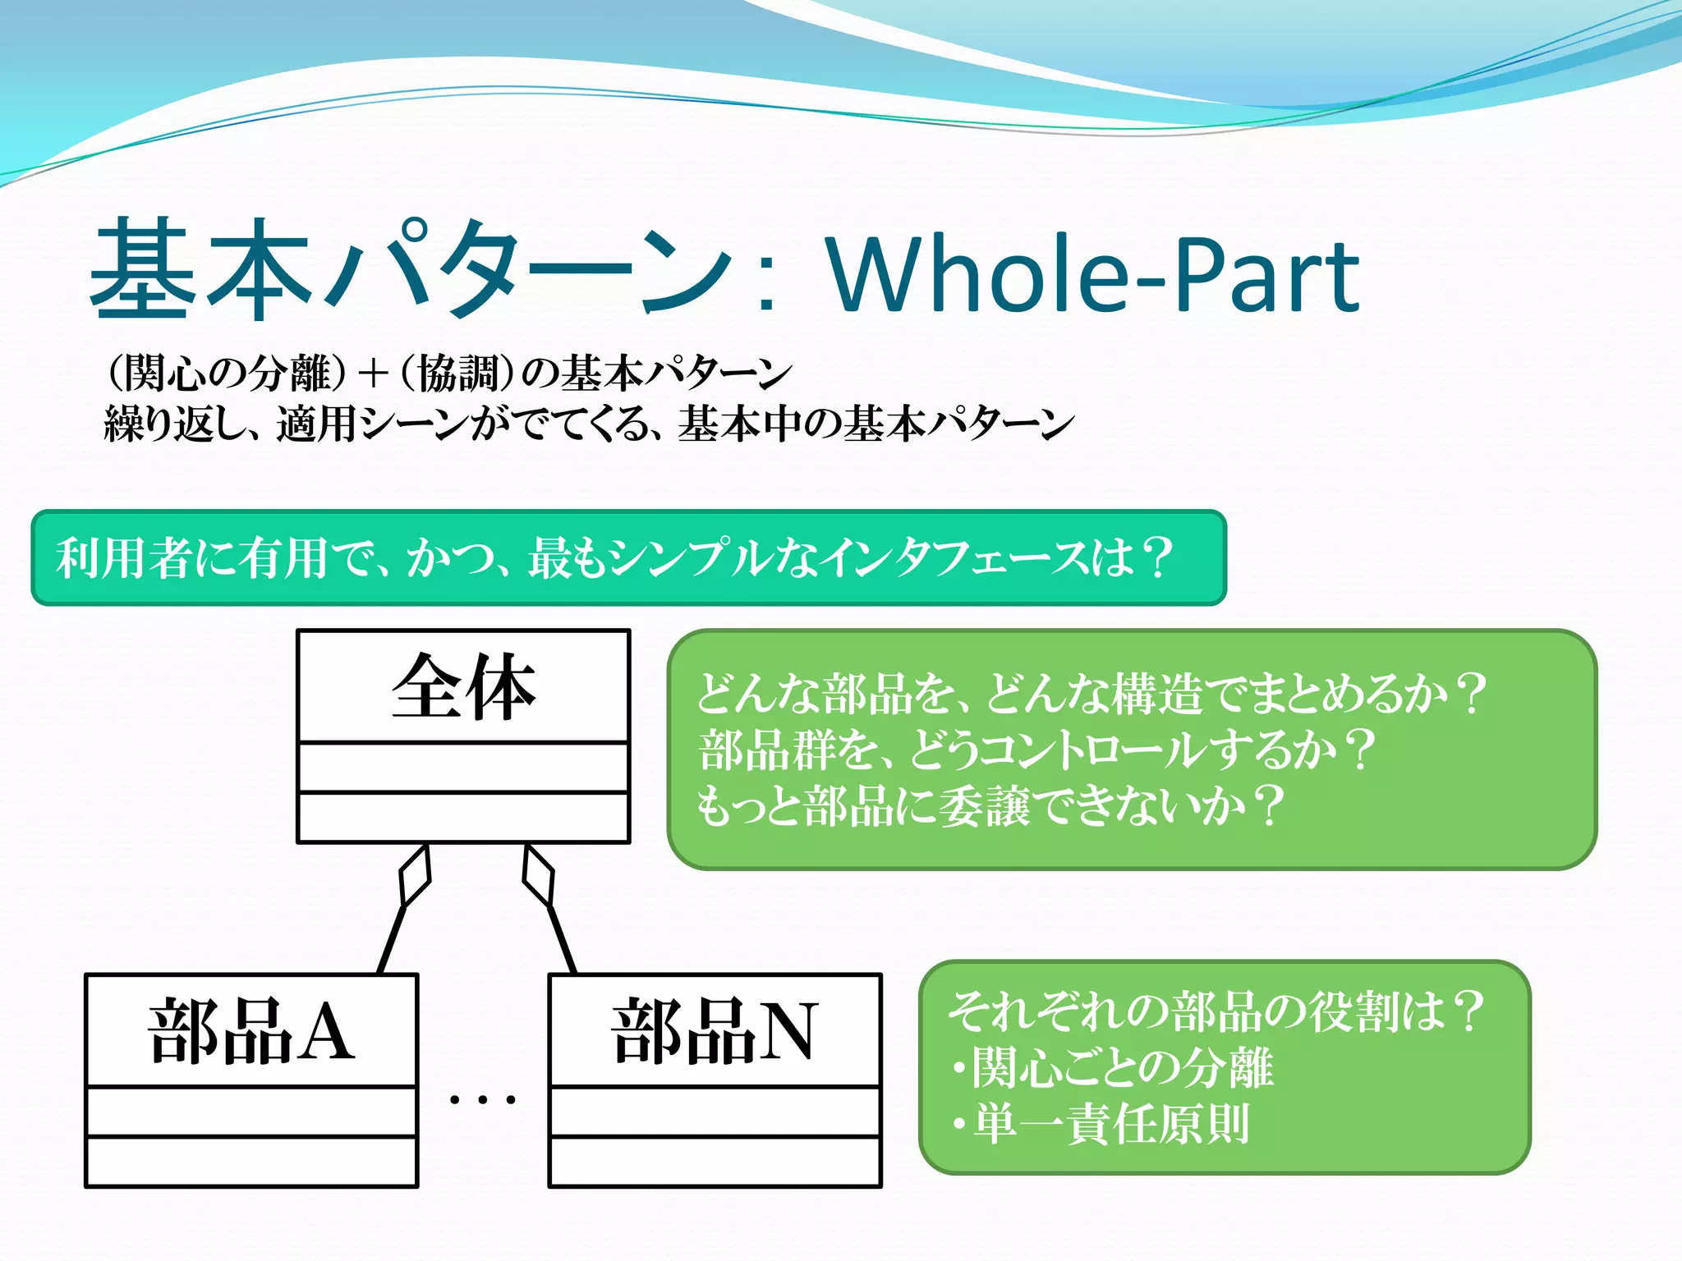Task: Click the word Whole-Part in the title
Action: [x=1092, y=275]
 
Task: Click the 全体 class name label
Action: [x=464, y=688]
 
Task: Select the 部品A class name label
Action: [x=251, y=1032]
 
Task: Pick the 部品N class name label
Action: [x=715, y=1032]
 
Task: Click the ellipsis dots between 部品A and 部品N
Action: [x=483, y=1098]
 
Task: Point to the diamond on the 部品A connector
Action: [x=415, y=876]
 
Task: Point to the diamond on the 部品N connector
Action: [x=539, y=876]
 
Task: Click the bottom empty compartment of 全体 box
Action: [x=464, y=818]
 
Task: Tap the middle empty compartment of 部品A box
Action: [x=251, y=1112]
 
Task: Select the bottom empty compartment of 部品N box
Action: [x=715, y=1162]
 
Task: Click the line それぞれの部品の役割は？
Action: [x=1216, y=1011]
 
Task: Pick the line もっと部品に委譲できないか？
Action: [x=990, y=805]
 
